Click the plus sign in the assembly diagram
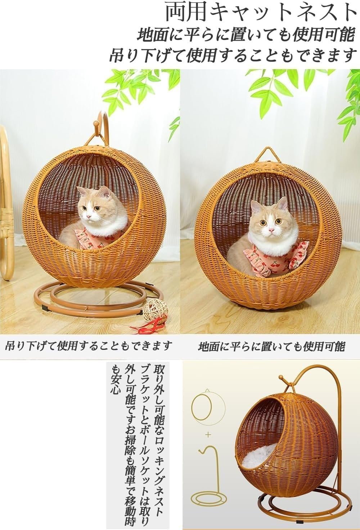208,435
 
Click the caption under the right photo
271,347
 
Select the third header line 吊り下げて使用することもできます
232,55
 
